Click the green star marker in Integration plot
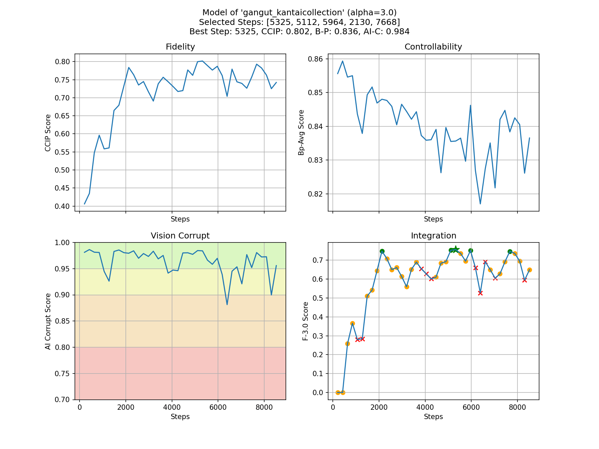click(456, 249)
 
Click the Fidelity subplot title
click(180, 47)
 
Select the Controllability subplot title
click(433, 47)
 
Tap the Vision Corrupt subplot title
click(180, 236)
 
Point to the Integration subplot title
click(433, 236)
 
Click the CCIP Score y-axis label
click(48, 133)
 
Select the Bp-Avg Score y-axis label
click(301, 133)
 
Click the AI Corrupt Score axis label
click(48, 321)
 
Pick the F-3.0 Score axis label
click(305, 321)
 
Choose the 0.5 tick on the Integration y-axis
click(319, 298)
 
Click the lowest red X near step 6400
click(480, 293)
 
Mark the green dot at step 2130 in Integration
click(382, 251)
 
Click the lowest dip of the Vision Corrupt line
click(227, 304)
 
